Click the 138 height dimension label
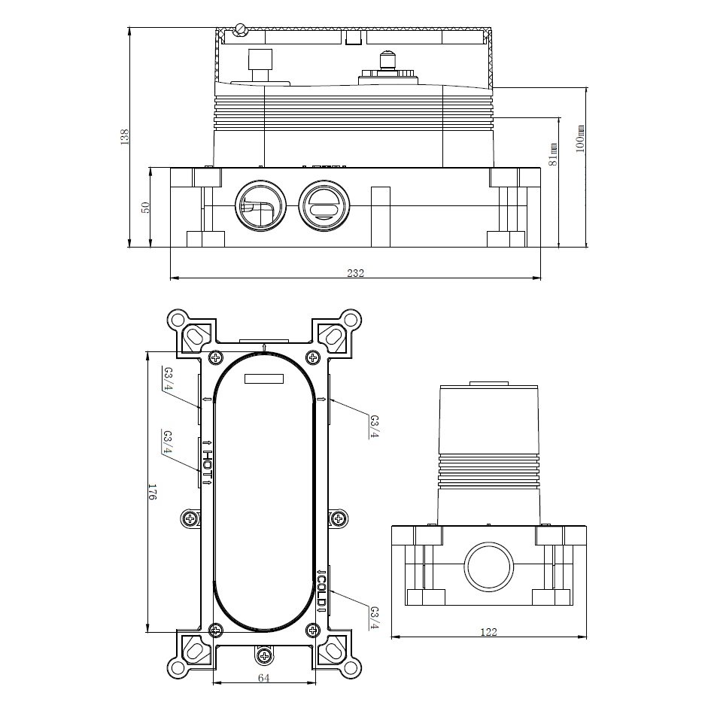(x=125, y=137)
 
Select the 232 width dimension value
(x=356, y=273)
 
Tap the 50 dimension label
(x=147, y=207)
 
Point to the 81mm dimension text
(x=553, y=153)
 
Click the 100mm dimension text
(x=579, y=140)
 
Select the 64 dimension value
(x=263, y=678)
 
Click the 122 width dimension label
(x=488, y=632)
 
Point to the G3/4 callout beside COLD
(x=374, y=618)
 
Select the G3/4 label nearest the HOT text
(x=168, y=445)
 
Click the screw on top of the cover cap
(x=241, y=30)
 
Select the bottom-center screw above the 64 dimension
(x=263, y=655)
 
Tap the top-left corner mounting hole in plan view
(x=178, y=319)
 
